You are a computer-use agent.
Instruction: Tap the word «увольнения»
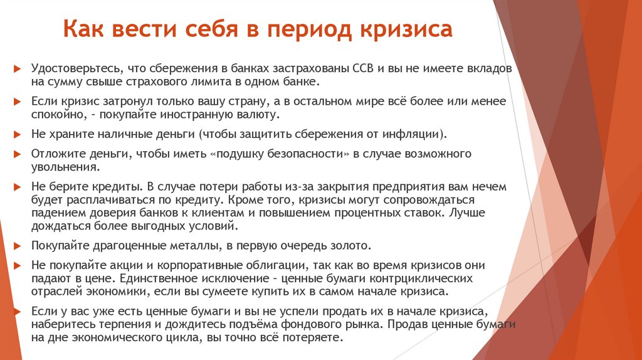point(63,168)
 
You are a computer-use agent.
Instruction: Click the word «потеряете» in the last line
point(312,337)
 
